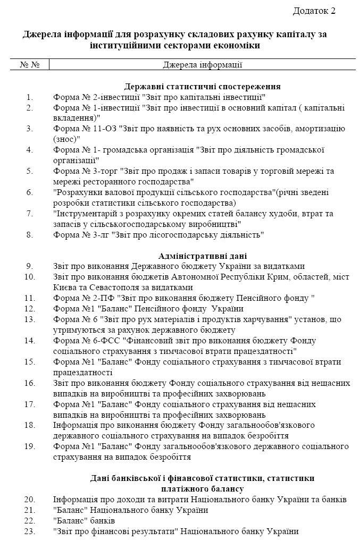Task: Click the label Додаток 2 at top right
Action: coord(314,11)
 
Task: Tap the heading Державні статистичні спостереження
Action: coord(203,87)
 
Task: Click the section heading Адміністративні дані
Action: coord(203,256)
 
